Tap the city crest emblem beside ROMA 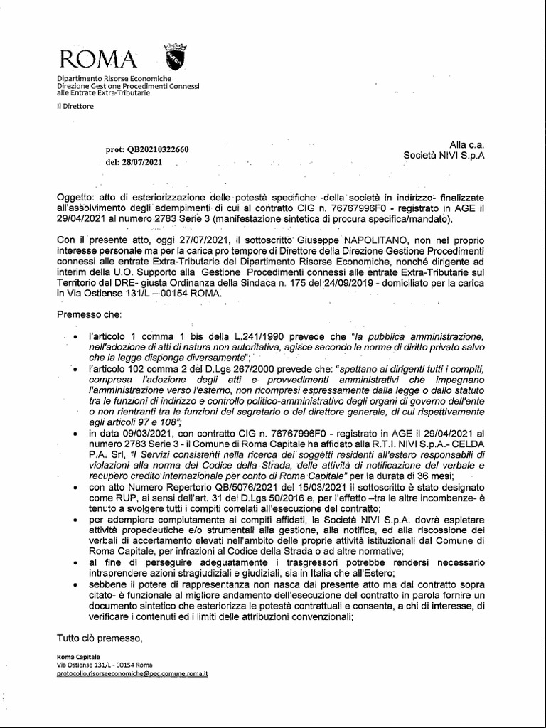[x=174, y=55]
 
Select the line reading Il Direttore [x=75, y=106]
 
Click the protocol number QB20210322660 [x=158, y=149]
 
